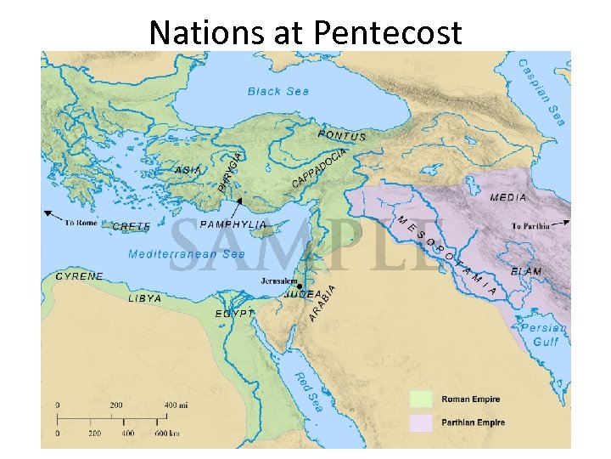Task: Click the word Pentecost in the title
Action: coord(388,32)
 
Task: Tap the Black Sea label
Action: coord(278,91)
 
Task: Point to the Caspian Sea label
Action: coord(541,92)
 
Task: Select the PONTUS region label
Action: coord(342,135)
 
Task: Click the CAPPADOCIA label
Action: coord(320,168)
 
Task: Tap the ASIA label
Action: coord(188,170)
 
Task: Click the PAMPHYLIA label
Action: coord(233,224)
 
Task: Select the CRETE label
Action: coord(132,227)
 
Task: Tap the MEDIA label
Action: coord(508,197)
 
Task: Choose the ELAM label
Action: coord(526,271)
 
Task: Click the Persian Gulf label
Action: coord(538,334)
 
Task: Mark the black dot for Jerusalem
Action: coord(300,286)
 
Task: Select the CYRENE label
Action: coord(79,276)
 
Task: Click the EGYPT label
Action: coord(234,314)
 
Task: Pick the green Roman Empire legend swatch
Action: coord(423,399)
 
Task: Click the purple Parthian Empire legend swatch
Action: coord(423,422)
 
